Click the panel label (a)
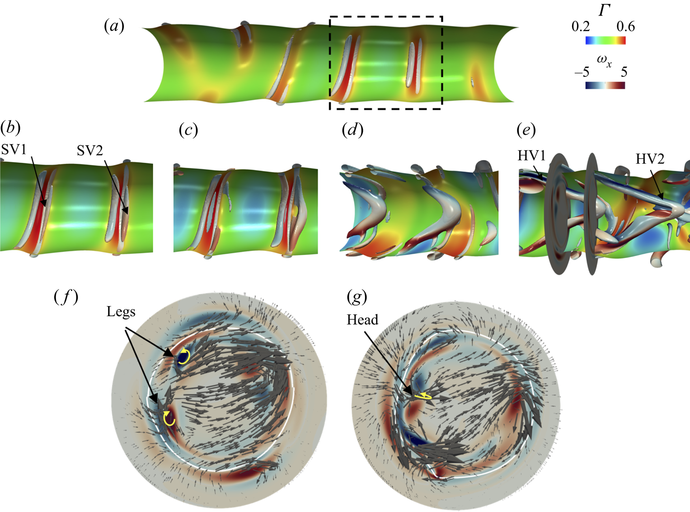(x=114, y=27)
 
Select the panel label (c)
(x=188, y=130)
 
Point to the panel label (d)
(x=352, y=130)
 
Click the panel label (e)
(x=526, y=130)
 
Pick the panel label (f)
(x=66, y=297)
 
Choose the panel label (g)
(x=357, y=297)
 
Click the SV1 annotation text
(x=14, y=149)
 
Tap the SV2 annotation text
(x=89, y=151)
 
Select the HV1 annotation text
(x=531, y=156)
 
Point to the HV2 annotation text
(x=650, y=159)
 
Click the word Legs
(x=121, y=312)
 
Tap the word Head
(x=362, y=320)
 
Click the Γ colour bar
(x=606, y=40)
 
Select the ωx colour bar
(x=605, y=85)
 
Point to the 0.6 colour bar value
(x=625, y=27)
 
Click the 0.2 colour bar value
(x=581, y=27)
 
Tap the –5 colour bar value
(x=582, y=72)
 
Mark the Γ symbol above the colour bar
(x=605, y=10)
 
